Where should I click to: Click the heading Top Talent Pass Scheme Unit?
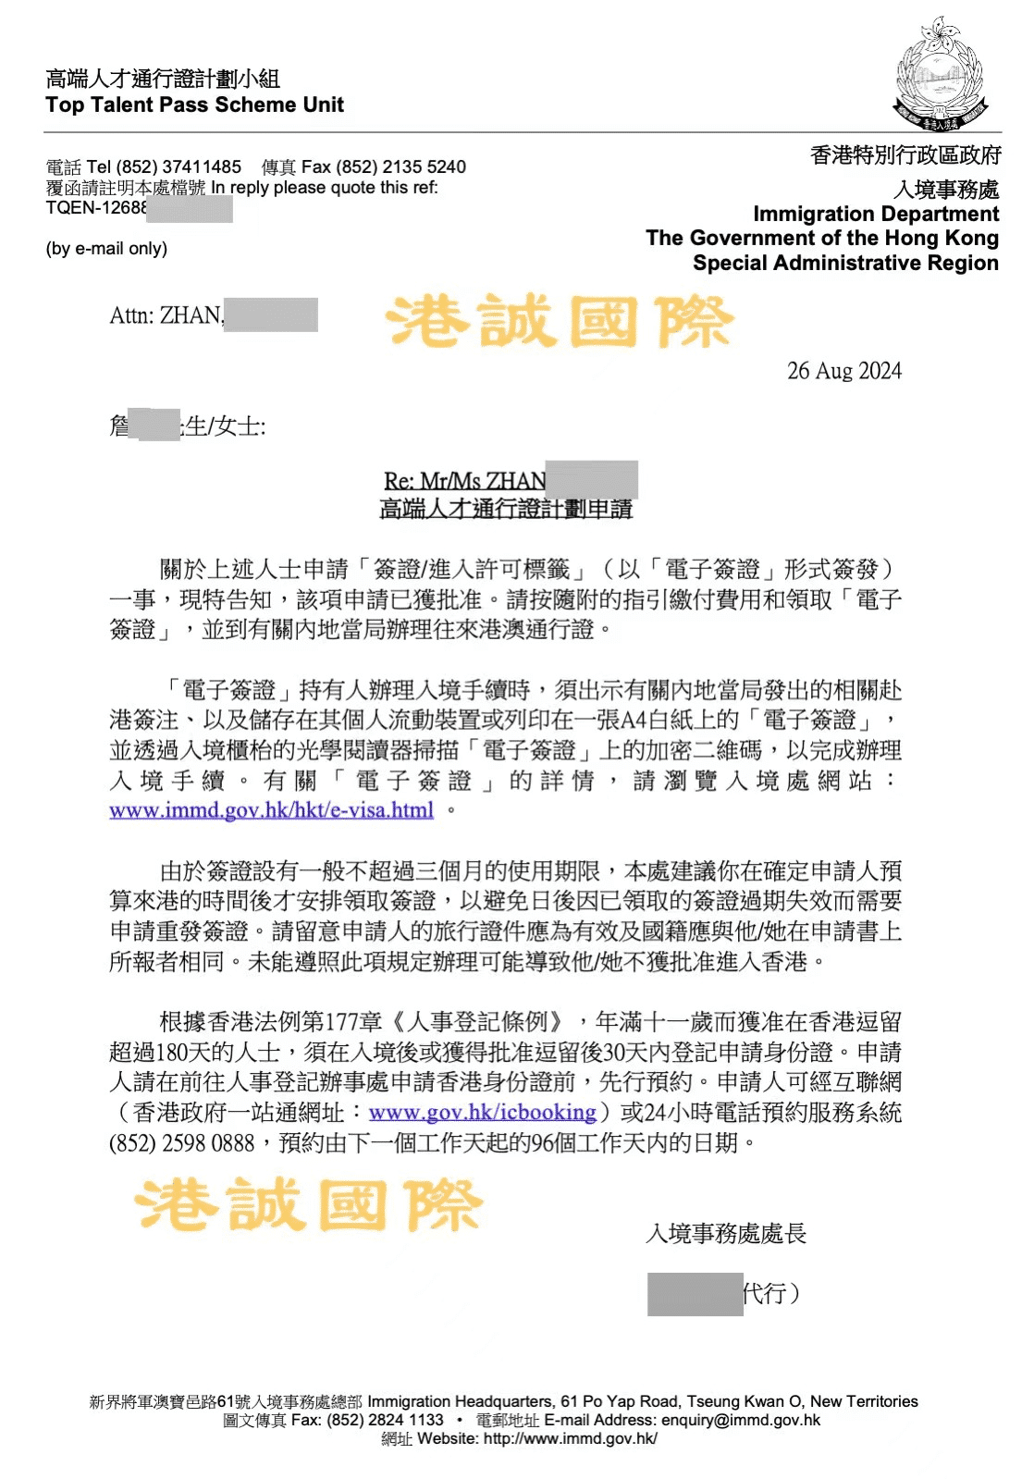point(194,105)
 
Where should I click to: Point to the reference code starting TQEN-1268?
point(96,208)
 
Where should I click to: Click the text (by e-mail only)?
point(106,249)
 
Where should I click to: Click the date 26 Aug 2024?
point(843,371)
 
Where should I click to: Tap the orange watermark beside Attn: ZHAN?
point(559,322)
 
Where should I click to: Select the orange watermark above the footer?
point(309,1204)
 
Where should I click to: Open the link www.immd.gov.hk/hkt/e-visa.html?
point(271,810)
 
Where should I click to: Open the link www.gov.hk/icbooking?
point(482,1112)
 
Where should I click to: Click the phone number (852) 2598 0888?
point(181,1143)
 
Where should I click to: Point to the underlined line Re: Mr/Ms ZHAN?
point(464,481)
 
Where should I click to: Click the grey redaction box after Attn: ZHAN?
point(271,314)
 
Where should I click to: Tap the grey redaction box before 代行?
point(695,1293)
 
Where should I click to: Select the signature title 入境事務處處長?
point(726,1233)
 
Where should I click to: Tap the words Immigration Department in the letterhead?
point(875,214)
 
